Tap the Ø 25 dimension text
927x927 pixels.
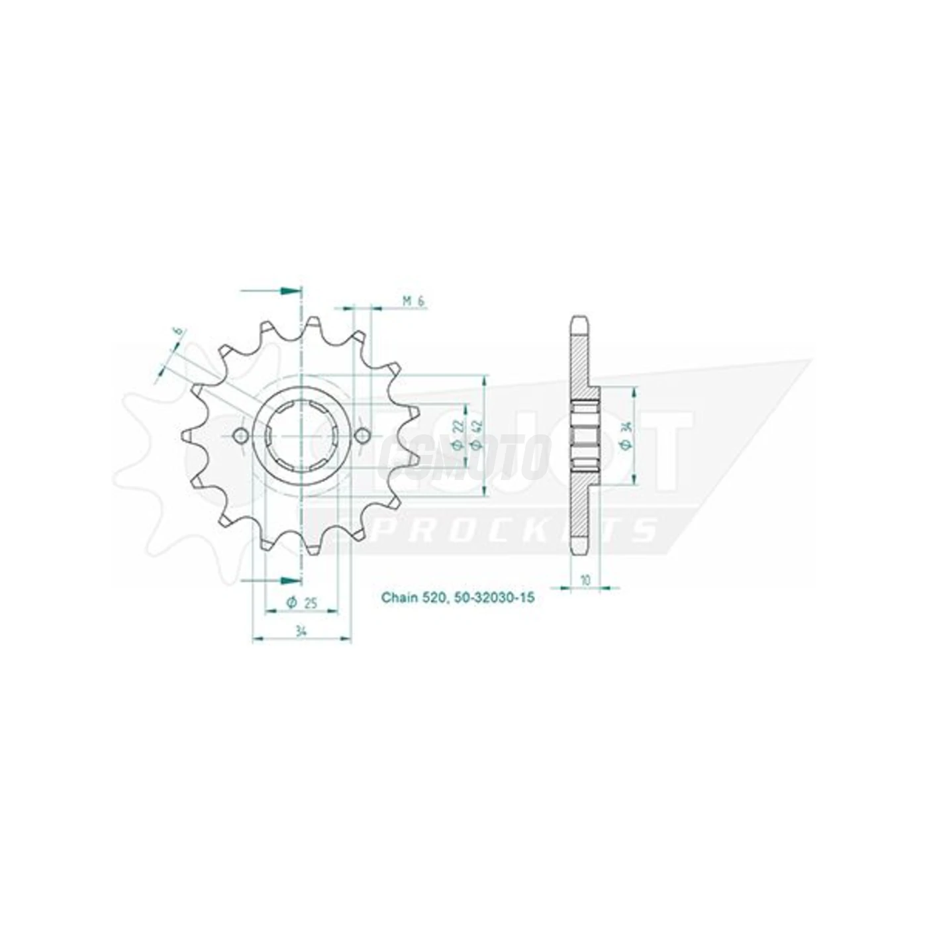(x=300, y=602)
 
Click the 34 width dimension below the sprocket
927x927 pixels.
(x=301, y=631)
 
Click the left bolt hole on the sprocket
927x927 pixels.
(x=241, y=436)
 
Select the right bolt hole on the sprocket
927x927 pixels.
(x=362, y=436)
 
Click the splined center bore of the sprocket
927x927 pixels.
(x=301, y=436)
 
